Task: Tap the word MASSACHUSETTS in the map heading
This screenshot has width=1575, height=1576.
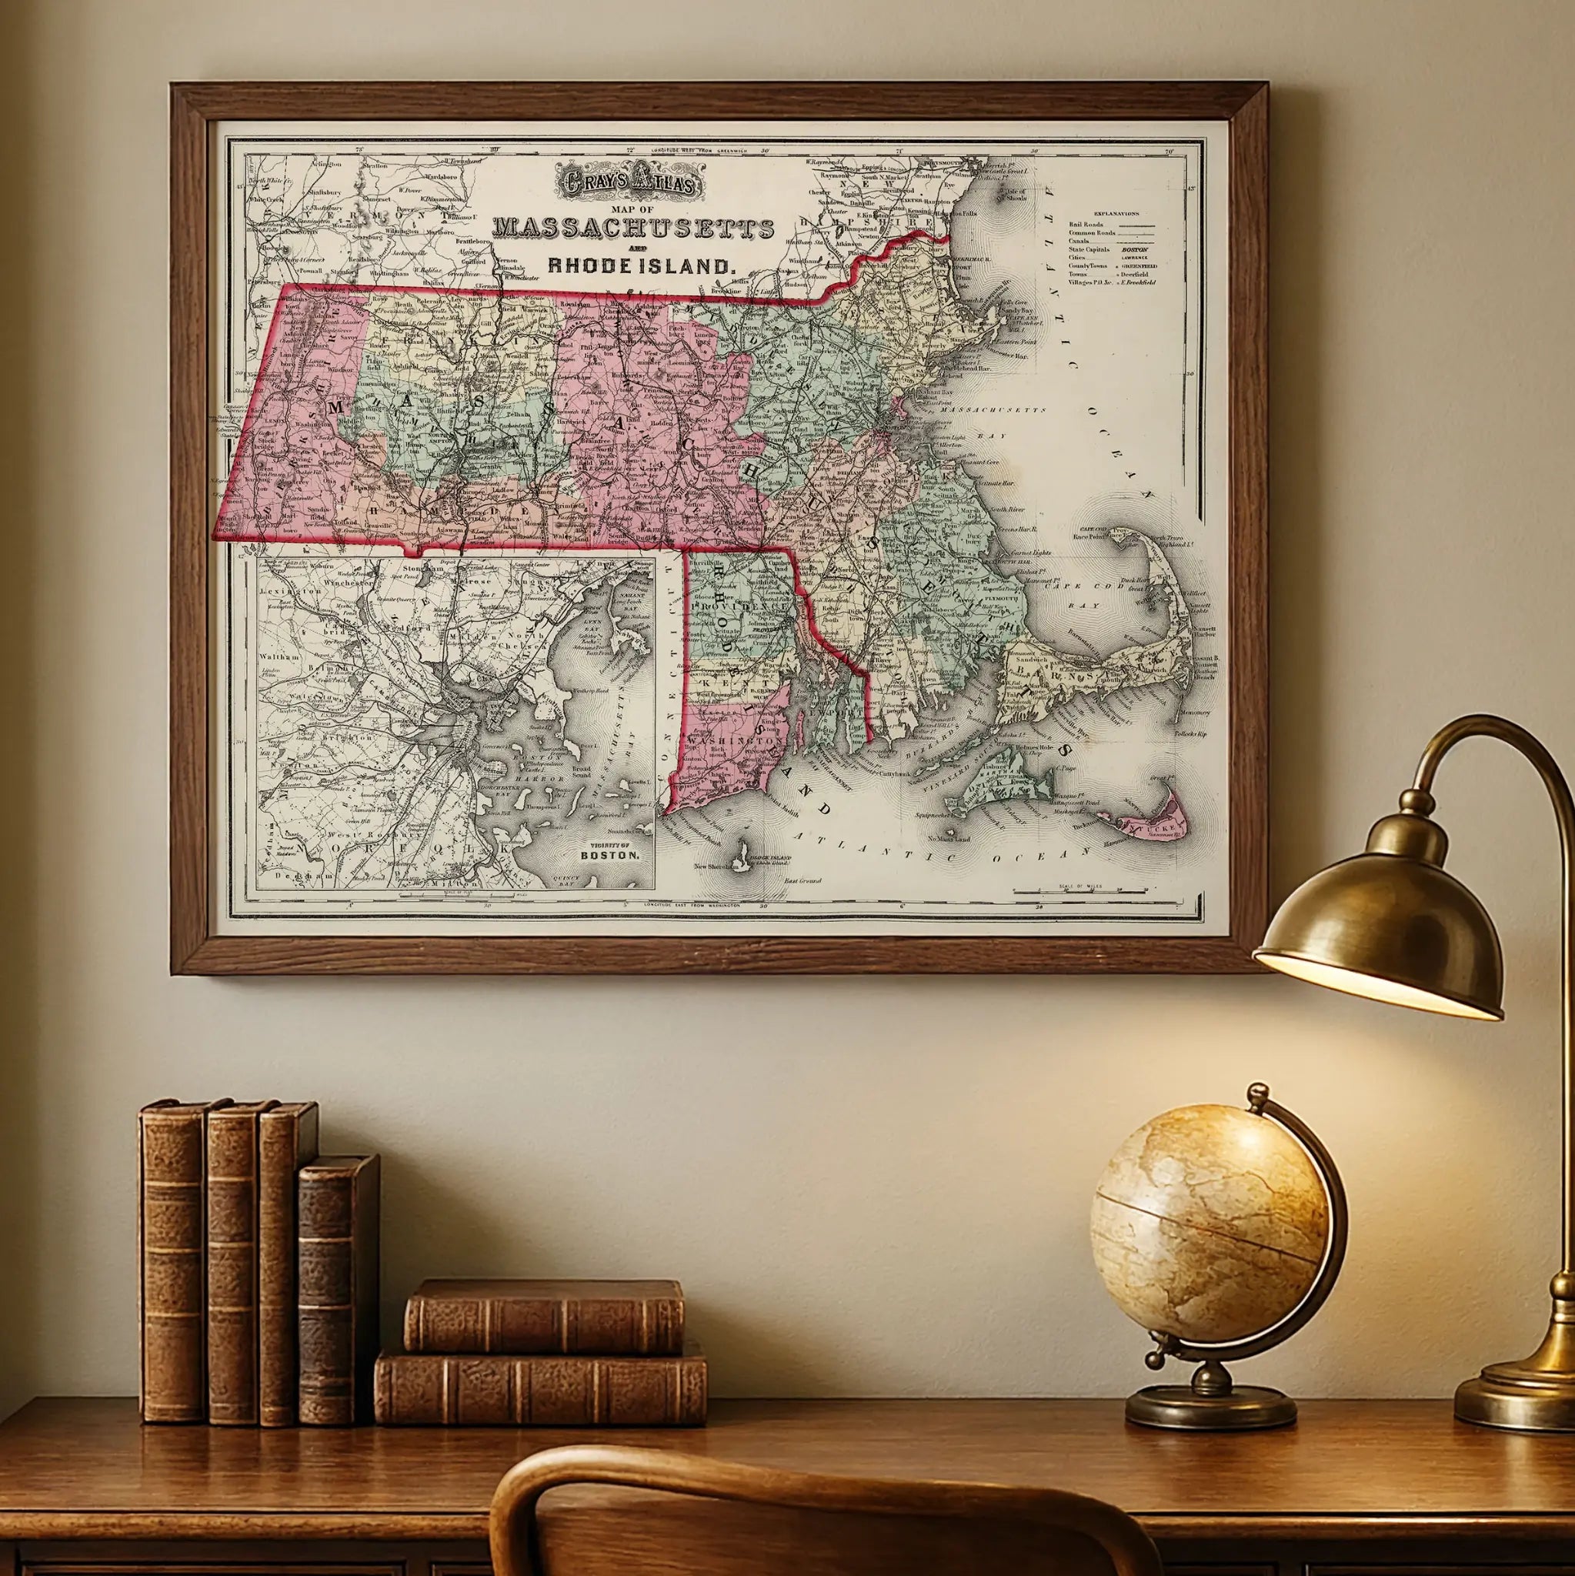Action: click(634, 229)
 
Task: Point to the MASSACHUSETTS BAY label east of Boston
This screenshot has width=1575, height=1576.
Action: click(992, 409)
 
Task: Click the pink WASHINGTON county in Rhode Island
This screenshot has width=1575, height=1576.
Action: click(734, 734)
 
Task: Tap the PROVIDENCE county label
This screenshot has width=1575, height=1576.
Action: click(734, 608)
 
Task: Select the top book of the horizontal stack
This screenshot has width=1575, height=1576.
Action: click(543, 1316)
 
